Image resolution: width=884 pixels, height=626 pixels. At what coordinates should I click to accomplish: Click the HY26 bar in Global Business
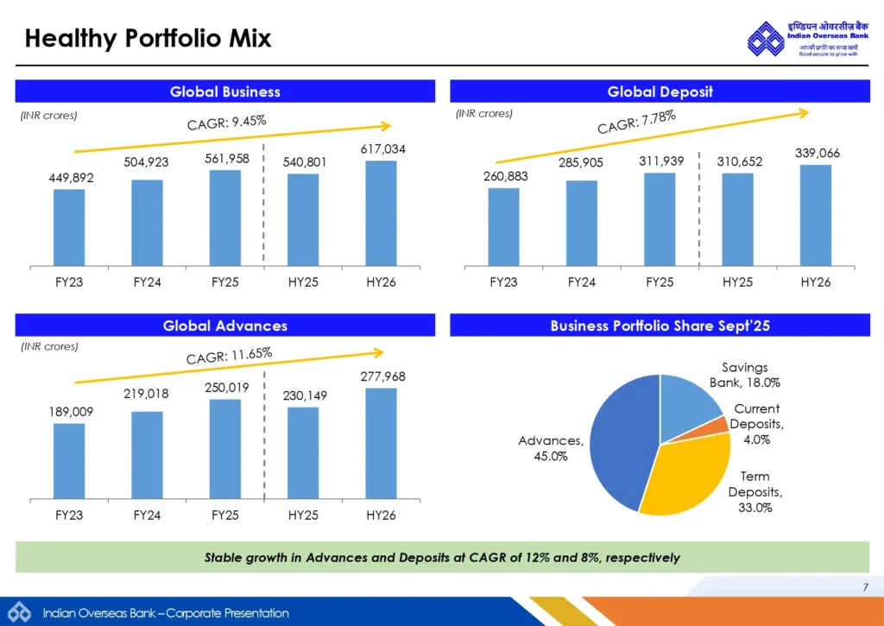381,212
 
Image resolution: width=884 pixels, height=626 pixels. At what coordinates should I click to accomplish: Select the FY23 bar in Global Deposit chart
503,225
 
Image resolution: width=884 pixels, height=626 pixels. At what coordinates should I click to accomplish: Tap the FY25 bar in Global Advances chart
224,448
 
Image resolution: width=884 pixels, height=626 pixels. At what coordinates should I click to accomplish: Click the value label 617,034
382,150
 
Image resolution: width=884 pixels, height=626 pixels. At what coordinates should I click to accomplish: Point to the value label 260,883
505,177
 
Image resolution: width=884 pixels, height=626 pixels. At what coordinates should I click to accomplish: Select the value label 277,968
382,377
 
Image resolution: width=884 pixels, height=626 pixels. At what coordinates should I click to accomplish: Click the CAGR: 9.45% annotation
226,124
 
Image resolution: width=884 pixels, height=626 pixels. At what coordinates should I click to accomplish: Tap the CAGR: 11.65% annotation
229,354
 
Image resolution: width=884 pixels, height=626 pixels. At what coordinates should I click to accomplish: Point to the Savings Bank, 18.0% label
738,375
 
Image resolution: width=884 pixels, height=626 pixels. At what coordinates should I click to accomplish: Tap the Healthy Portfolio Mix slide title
148,39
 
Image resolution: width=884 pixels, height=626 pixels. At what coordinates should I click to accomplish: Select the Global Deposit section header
660,92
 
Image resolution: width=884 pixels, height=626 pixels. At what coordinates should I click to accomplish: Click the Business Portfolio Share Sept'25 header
660,326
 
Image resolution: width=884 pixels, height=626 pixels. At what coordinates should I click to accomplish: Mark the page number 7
865,588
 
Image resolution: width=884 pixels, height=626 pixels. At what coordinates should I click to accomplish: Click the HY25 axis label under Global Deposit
737,282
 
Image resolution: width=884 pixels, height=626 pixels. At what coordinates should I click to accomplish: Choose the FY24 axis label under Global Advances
147,515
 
